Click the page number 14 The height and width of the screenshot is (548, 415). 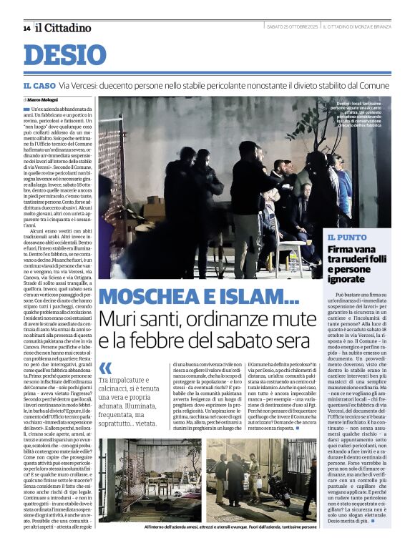pos(26,28)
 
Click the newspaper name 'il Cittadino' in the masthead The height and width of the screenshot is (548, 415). pos(64,27)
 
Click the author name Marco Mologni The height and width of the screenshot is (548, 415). pos(45,99)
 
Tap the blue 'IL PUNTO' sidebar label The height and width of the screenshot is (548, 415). pos(346,237)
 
